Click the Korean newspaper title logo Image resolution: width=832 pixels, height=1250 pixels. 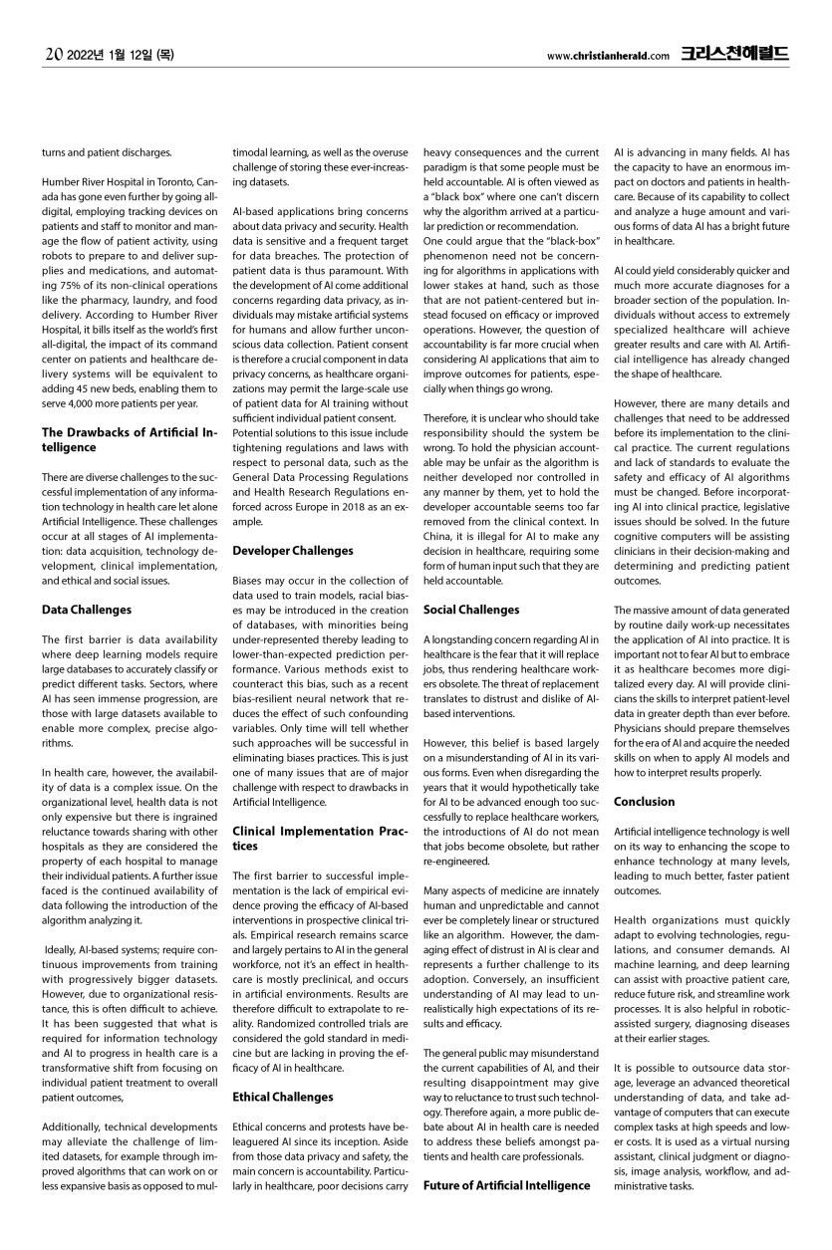click(x=734, y=55)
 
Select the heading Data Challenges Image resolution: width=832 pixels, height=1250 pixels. click(x=87, y=609)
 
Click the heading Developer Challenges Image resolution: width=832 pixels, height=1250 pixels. click(x=292, y=550)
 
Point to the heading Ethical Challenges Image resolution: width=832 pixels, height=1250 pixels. click(x=282, y=1097)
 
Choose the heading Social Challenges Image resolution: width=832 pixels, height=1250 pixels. click(x=470, y=609)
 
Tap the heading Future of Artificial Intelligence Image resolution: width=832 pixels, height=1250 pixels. click(x=506, y=1185)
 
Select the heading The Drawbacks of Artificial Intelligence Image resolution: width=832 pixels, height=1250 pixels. click(x=128, y=438)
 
